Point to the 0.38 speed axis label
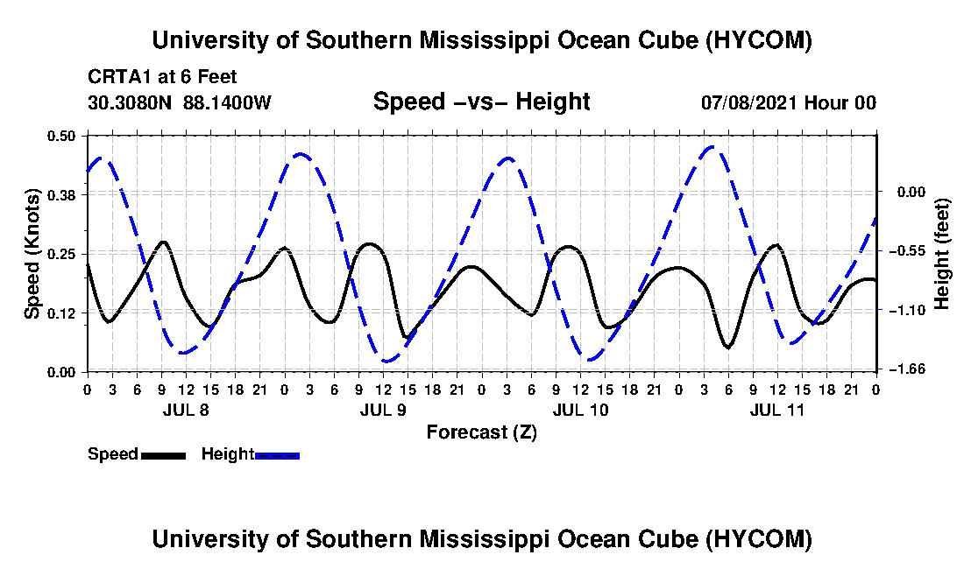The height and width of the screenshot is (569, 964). [x=60, y=194]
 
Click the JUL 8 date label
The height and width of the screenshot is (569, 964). [x=186, y=410]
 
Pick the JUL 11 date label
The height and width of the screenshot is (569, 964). [x=777, y=410]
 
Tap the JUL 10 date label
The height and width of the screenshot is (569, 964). [x=580, y=410]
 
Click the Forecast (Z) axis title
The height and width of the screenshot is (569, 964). [x=482, y=432]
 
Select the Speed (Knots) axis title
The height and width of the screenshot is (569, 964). [x=32, y=254]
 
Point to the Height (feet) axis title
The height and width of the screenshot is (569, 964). [x=941, y=254]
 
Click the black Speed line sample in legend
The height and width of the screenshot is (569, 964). [x=164, y=455]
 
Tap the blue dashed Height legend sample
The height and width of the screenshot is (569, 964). [x=277, y=455]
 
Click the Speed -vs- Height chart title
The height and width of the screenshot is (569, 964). [x=482, y=102]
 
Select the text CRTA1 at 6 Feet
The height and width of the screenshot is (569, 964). [x=162, y=77]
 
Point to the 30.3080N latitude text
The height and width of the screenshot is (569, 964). [x=130, y=102]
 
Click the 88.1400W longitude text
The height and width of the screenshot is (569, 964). [x=227, y=102]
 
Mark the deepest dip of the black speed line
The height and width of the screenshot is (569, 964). [x=728, y=348]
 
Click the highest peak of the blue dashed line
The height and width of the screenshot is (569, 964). [x=712, y=147]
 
